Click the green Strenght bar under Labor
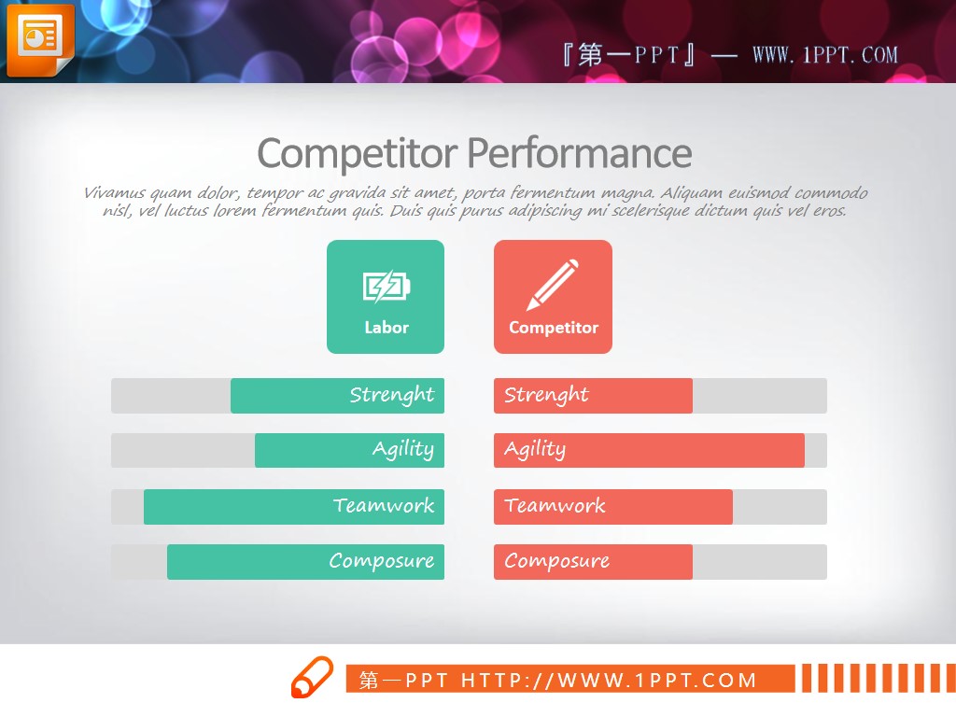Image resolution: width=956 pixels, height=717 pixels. click(x=337, y=396)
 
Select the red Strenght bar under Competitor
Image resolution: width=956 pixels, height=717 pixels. click(x=593, y=396)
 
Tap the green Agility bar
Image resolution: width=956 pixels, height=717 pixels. click(x=349, y=451)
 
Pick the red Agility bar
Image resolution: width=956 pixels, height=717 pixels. click(x=650, y=451)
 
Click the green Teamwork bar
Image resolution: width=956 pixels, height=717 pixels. click(x=294, y=507)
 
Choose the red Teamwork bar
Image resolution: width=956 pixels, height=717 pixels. click(x=613, y=507)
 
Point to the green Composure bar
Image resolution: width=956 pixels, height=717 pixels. click(x=305, y=561)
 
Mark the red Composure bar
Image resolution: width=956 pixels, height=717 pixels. click(x=593, y=561)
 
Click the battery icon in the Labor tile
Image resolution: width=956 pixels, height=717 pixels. click(x=387, y=286)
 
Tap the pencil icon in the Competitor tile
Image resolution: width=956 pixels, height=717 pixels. click(x=553, y=285)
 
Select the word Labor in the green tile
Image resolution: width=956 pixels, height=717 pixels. click(x=387, y=328)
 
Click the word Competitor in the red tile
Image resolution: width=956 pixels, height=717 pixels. click(x=554, y=328)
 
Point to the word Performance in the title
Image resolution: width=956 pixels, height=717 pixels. click(x=580, y=153)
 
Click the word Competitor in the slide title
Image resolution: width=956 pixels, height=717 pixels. click(x=358, y=154)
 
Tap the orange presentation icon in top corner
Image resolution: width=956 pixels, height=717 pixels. click(x=40, y=40)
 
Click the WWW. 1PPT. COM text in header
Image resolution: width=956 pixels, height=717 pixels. click(x=825, y=55)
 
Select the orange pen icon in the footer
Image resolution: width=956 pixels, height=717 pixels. click(x=312, y=677)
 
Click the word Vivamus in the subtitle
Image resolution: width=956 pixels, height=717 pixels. click(x=115, y=192)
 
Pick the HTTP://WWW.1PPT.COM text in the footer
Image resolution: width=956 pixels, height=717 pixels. click(x=609, y=680)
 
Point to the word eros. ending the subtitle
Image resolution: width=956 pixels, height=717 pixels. click(x=829, y=211)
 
